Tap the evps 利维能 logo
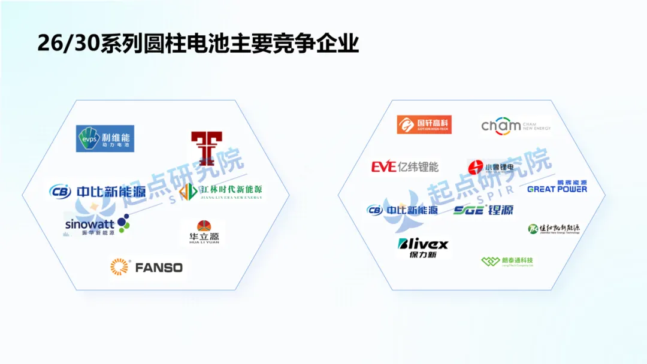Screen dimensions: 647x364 [105, 138]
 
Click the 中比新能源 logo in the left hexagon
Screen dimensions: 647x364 [98, 192]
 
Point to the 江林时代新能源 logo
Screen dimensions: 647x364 [222, 192]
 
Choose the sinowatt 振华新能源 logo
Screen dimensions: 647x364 [96, 226]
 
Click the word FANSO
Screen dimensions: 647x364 [159, 268]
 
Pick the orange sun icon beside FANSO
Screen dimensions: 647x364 [119, 267]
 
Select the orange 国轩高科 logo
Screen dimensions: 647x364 [424, 125]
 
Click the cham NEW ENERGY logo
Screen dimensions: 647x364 [516, 126]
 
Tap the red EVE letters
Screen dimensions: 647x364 [384, 166]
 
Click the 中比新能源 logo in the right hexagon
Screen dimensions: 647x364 [402, 210]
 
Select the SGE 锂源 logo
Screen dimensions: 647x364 [483, 210]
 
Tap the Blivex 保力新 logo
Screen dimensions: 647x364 [422, 247]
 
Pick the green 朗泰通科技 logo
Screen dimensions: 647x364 [507, 261]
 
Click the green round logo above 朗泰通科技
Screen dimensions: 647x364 [533, 228]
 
